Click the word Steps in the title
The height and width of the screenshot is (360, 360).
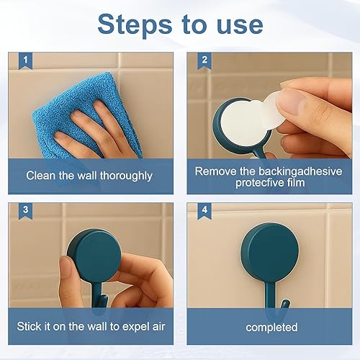coord(135,24)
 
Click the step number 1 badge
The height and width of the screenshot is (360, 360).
coord(25,60)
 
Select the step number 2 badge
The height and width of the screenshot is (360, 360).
coord(204,60)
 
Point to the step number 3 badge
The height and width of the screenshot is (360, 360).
coord(25,211)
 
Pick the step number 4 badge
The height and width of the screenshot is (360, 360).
coord(204,211)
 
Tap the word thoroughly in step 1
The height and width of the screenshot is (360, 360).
coord(126,176)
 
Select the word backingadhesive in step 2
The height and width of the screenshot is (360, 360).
coord(300,171)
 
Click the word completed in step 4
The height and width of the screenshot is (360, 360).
coord(271,328)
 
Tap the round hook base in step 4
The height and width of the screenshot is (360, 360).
coord(270,252)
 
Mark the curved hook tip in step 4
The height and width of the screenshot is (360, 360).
coord(285,304)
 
